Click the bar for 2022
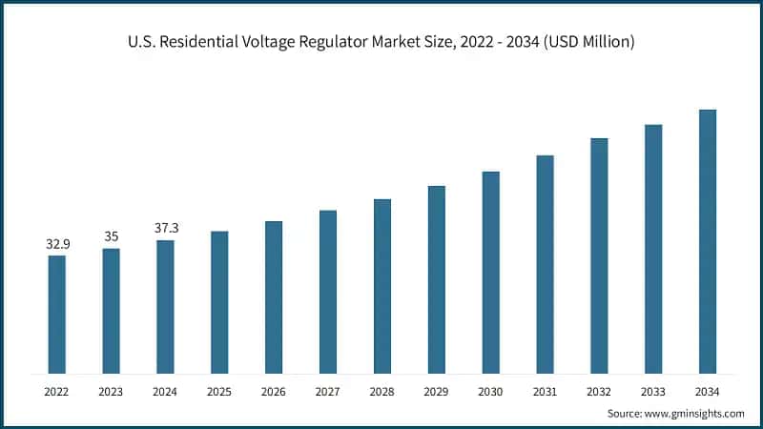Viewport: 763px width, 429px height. click(57, 314)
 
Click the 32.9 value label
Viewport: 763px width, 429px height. click(57, 245)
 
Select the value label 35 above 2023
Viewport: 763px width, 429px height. click(112, 237)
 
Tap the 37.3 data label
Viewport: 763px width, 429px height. click(166, 229)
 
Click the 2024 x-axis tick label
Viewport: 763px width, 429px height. click(166, 391)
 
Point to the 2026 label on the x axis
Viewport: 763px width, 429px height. click(274, 391)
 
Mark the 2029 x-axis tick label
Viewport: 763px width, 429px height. click(437, 391)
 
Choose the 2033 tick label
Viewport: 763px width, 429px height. click(653, 391)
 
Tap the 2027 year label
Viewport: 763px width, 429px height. click(328, 391)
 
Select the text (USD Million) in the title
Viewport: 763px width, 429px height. click(588, 42)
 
